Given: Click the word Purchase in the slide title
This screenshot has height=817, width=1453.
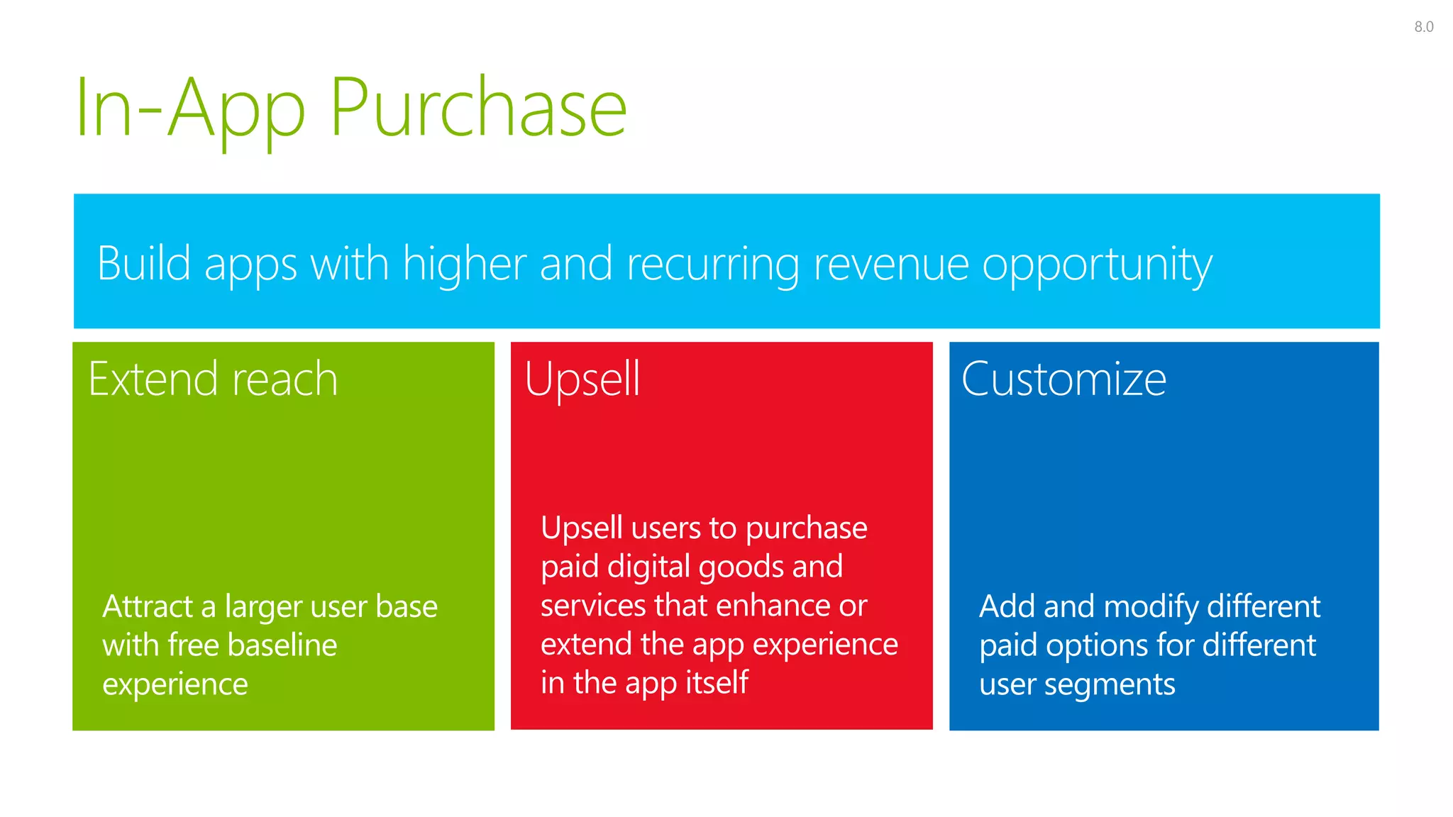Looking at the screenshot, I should (478, 109).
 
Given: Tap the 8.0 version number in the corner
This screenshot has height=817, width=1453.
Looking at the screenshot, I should (1423, 27).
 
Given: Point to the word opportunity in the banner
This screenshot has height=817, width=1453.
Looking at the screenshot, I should (1097, 265).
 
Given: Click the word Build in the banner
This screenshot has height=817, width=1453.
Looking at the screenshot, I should (144, 263).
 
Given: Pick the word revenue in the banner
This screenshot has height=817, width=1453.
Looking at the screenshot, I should (891, 265).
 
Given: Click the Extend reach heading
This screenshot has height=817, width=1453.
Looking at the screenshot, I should (213, 379).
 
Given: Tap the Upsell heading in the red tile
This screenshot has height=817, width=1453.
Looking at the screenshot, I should (582, 380).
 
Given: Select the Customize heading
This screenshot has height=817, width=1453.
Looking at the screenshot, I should (1063, 379).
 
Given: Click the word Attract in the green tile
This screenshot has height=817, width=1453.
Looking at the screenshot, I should (148, 606).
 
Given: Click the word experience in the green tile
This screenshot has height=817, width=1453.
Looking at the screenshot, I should (175, 685).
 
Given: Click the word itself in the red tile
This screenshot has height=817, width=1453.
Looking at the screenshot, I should (717, 682).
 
